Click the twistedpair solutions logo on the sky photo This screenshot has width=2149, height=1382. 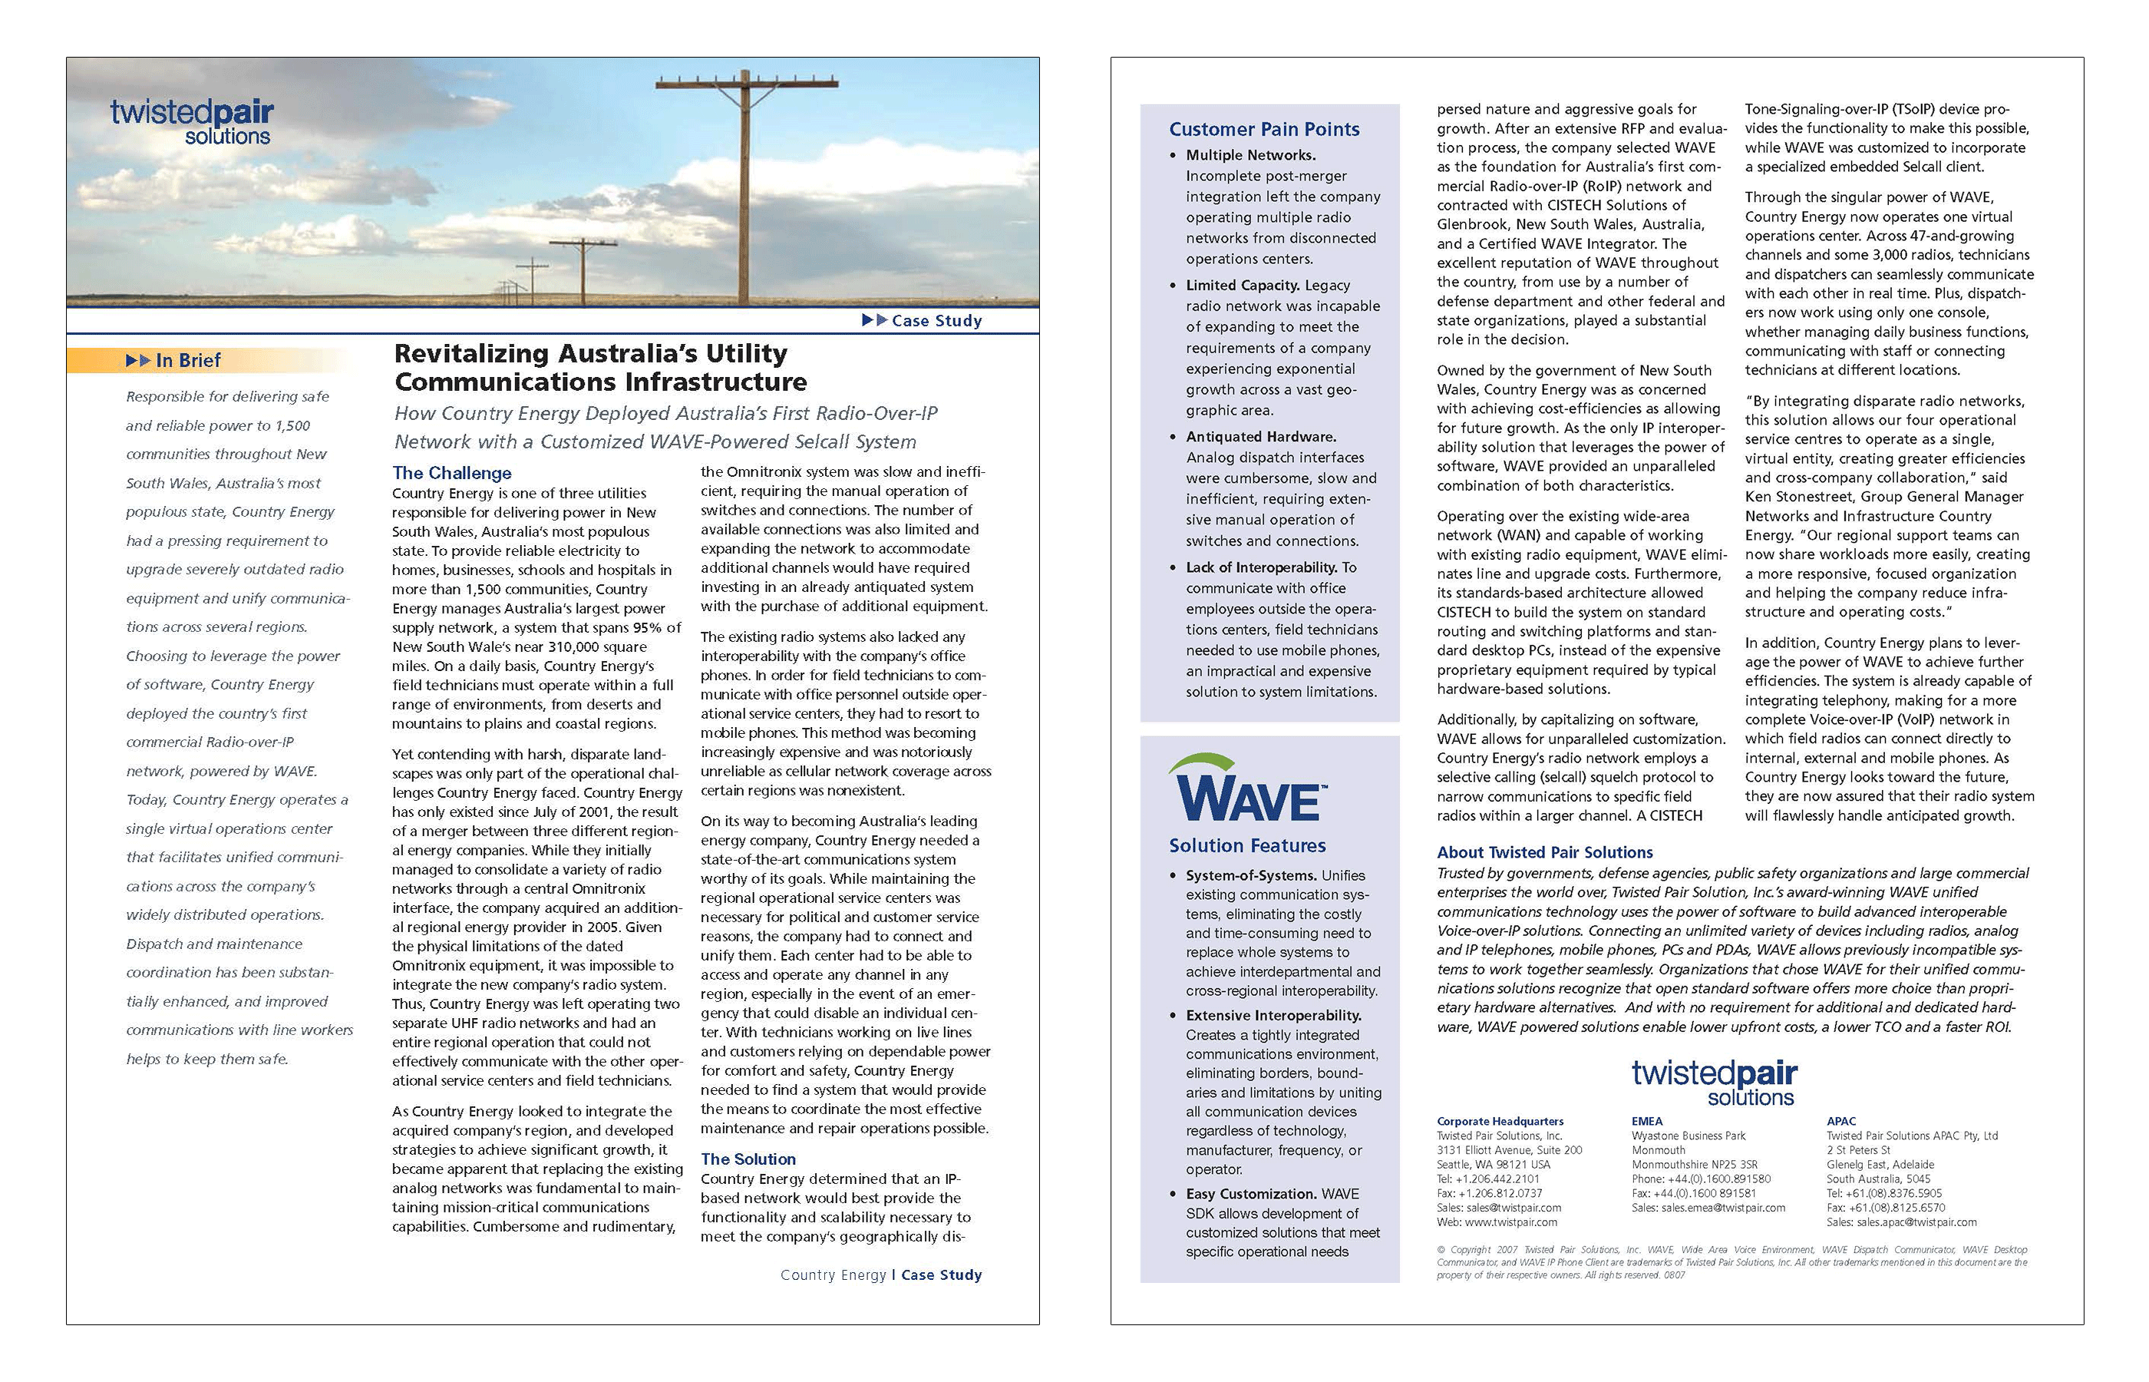[x=191, y=123]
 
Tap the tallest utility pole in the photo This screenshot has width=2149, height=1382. [x=746, y=188]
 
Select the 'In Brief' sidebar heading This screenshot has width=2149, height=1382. [x=187, y=360]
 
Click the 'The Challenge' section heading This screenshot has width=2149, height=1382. [x=452, y=473]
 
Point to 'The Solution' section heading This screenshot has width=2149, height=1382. [x=748, y=1159]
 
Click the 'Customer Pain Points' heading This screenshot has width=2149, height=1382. [x=1264, y=129]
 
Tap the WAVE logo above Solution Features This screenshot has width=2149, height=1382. [x=1246, y=790]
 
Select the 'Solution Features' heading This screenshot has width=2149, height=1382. [x=1246, y=845]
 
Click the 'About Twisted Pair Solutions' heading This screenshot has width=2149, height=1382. [x=1544, y=852]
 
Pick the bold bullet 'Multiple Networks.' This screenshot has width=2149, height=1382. [x=1250, y=155]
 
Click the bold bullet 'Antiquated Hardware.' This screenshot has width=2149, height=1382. [x=1260, y=437]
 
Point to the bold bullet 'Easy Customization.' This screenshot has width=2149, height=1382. [x=1251, y=1194]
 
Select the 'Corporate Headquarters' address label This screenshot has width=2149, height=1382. [x=1500, y=1121]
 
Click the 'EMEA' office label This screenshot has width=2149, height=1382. [x=1647, y=1121]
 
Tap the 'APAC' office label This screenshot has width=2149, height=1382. [x=1841, y=1121]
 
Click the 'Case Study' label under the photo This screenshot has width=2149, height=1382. [x=936, y=320]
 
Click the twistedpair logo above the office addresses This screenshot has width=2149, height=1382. [x=1714, y=1083]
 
